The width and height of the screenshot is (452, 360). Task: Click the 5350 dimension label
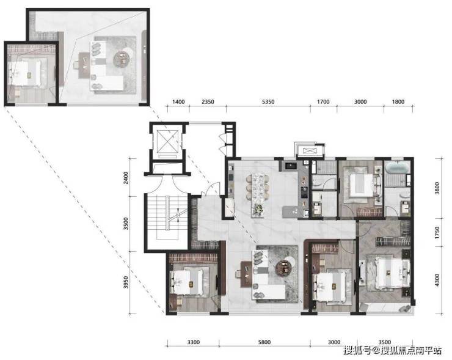point(268,102)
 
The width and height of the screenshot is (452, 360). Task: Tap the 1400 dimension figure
point(178,102)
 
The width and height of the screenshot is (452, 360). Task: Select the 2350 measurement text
point(208,102)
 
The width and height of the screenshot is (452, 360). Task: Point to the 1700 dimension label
point(323,102)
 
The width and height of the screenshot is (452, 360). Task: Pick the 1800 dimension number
point(398,102)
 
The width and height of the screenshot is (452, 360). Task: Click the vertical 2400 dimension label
point(125,178)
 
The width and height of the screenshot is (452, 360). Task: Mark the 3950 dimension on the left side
point(125,282)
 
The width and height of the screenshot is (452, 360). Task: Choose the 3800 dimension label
point(437,188)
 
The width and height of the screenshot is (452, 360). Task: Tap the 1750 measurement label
point(437,232)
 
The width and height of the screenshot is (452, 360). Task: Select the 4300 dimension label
point(437,280)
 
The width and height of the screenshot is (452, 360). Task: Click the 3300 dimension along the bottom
point(193,342)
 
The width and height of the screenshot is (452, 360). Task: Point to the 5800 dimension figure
point(264,342)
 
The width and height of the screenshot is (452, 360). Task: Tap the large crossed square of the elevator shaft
point(167,141)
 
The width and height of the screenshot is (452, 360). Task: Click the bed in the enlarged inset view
point(26,73)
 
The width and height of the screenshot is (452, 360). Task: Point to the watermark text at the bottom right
point(392,350)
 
